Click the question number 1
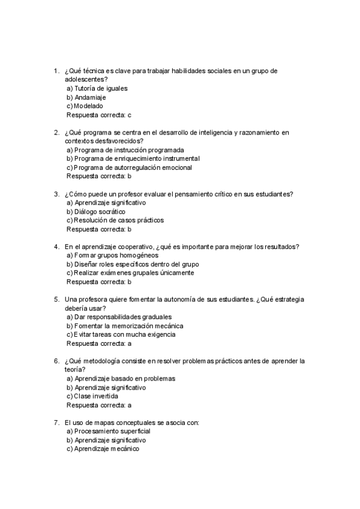tap(56, 71)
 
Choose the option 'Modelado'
tap(88, 106)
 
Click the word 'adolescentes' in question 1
tap(86, 79)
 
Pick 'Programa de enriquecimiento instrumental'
tap(137, 158)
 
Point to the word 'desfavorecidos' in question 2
tap(118, 141)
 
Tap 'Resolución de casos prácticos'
tap(118, 220)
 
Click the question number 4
tap(56, 247)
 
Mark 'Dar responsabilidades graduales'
tap(122, 317)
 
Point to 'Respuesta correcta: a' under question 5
tap(99, 343)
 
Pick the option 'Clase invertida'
tap(96, 396)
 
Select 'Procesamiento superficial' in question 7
tap(112, 432)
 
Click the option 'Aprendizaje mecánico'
tap(106, 449)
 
